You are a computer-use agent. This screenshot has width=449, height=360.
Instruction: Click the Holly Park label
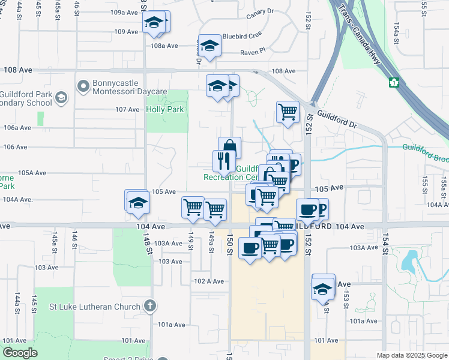click(x=165, y=109)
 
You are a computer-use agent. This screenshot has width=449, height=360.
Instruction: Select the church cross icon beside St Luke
click(x=150, y=306)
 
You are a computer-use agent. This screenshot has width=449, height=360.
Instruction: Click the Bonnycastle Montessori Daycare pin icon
click(x=83, y=87)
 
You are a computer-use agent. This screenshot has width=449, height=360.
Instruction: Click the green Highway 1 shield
click(x=394, y=82)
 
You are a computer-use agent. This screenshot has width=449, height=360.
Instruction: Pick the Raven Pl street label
click(x=253, y=52)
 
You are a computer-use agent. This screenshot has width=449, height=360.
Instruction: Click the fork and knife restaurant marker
click(x=222, y=160)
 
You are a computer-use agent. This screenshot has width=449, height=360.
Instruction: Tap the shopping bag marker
click(x=229, y=148)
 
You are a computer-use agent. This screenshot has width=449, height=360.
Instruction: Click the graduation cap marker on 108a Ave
click(x=209, y=46)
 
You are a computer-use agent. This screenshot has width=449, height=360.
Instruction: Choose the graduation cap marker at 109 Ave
click(x=154, y=22)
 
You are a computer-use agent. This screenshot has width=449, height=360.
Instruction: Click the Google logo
click(x=20, y=353)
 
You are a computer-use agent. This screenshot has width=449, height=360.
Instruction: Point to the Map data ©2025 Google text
click(x=411, y=355)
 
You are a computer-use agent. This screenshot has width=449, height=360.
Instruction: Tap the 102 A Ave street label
click(x=209, y=281)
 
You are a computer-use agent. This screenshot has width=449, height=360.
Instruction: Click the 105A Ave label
click(x=32, y=173)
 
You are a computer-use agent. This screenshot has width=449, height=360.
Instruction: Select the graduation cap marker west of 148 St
click(x=138, y=202)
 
